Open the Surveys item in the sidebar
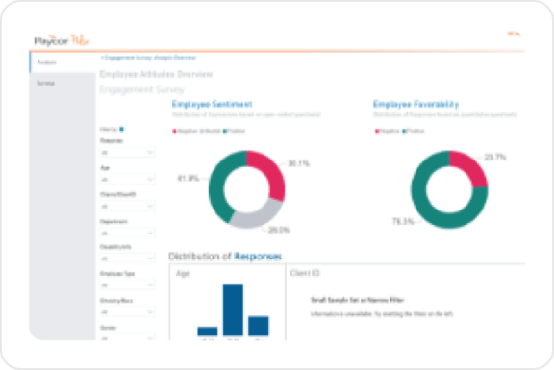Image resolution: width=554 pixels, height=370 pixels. [x=46, y=84]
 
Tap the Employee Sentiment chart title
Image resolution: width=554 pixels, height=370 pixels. [x=214, y=103]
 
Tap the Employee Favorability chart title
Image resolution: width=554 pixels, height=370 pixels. [x=415, y=103]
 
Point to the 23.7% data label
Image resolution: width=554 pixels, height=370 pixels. [x=495, y=157]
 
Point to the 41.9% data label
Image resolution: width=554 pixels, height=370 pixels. [x=188, y=178]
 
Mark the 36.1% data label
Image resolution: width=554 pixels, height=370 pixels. [x=299, y=162]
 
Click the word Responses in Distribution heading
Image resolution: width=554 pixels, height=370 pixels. [x=258, y=256]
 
